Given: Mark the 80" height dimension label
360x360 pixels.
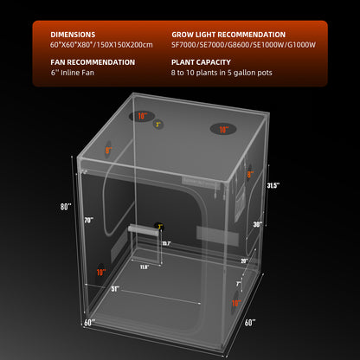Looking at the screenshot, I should (x=65, y=207).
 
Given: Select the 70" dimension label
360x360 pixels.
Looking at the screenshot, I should (x=89, y=221).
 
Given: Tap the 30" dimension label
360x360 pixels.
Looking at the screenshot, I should (x=258, y=224).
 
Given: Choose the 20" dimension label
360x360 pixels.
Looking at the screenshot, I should (x=245, y=260).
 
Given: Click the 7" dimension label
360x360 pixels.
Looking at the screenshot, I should (x=238, y=285).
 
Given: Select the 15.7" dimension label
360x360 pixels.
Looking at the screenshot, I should (x=166, y=243).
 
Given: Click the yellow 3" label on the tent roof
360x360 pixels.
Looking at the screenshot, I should (x=158, y=124).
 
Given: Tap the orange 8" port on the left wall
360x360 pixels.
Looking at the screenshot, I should (x=108, y=150).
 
